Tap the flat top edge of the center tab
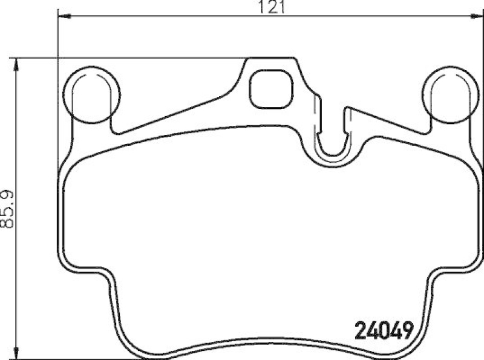[272, 59]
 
